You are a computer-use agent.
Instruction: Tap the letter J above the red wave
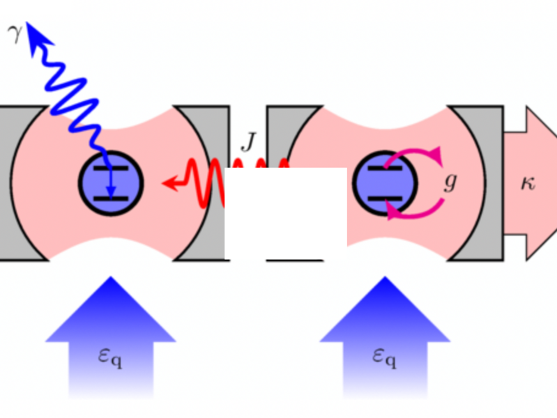click(x=248, y=142)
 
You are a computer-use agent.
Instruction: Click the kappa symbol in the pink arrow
click(x=528, y=184)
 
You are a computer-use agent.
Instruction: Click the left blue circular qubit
click(x=111, y=183)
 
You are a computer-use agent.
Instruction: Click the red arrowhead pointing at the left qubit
click(x=169, y=183)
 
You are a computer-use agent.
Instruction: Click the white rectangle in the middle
click(x=286, y=212)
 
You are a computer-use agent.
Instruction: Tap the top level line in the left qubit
click(x=111, y=169)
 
